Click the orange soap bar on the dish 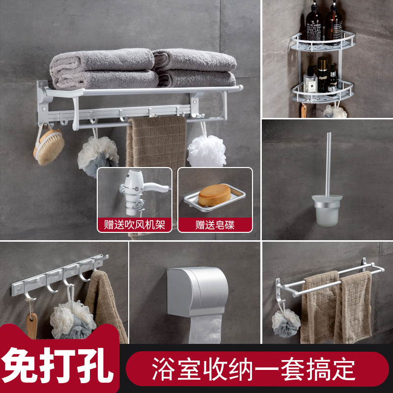click(x=215, y=196)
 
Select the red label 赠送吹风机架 click(x=135, y=225)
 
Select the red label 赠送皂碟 click(x=215, y=225)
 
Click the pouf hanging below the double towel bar click(x=286, y=322)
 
